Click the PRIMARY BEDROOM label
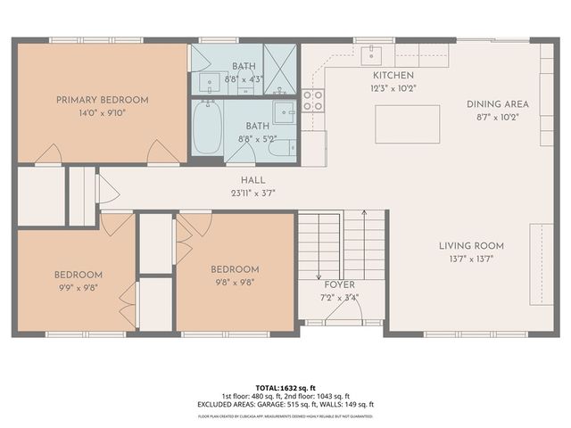[x=102, y=100]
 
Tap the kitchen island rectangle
[x=407, y=124]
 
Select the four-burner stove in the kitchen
[x=312, y=101]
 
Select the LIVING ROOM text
[x=471, y=246]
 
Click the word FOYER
[x=339, y=285]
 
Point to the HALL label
[x=228, y=180]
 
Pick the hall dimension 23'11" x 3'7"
[x=228, y=193]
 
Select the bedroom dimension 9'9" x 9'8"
[x=79, y=287]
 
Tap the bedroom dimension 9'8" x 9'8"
[x=235, y=282]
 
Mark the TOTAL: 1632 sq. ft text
[x=285, y=388]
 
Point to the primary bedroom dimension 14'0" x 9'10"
[x=102, y=112]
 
